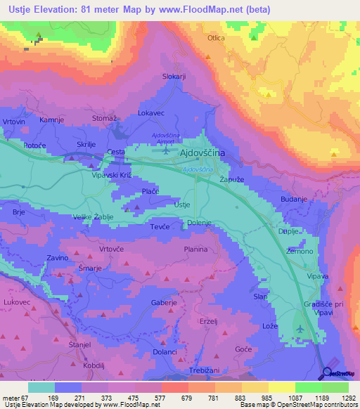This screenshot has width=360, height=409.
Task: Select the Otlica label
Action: click(x=215, y=38)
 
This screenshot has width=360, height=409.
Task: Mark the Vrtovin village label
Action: click(x=13, y=122)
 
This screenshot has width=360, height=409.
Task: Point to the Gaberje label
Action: click(x=164, y=303)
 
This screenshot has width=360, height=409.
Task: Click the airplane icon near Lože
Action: click(x=302, y=329)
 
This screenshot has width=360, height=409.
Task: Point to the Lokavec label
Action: click(x=151, y=112)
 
